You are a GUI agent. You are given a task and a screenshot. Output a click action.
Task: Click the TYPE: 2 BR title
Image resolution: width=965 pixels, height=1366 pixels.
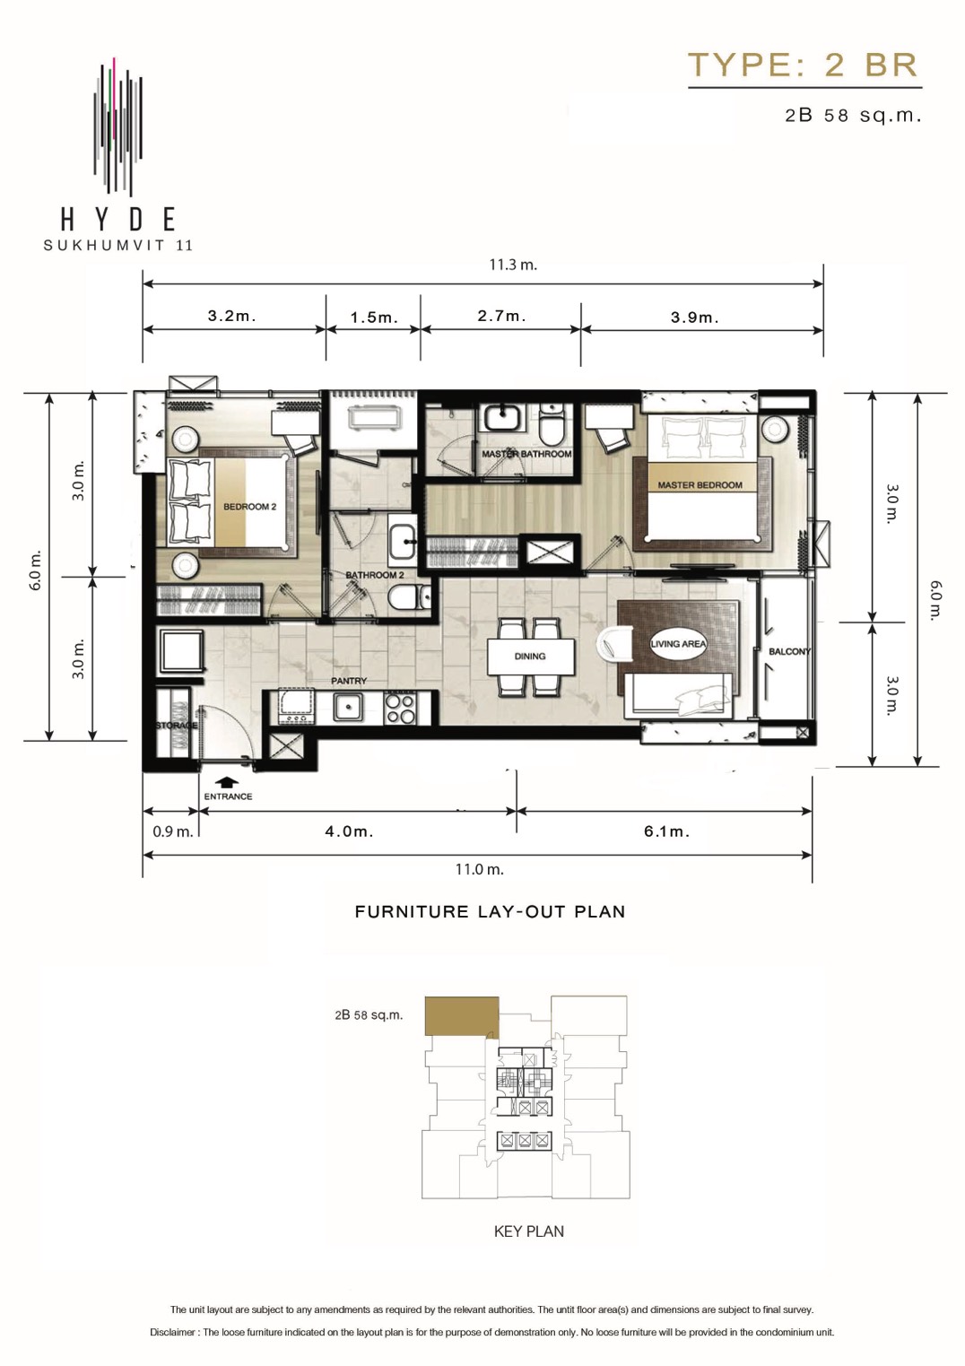[x=804, y=65]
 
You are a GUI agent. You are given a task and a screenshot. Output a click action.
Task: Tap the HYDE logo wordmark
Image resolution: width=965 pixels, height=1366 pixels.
[x=117, y=219]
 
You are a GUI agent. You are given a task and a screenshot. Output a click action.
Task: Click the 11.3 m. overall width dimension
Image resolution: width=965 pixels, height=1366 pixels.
[x=513, y=265]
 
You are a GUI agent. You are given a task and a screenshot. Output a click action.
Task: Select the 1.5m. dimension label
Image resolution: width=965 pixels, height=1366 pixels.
[x=374, y=318]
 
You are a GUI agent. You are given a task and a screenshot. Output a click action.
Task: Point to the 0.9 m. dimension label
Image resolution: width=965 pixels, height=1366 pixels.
[x=172, y=831]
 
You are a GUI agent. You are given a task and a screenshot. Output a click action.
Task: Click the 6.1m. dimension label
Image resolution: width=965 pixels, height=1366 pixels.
[x=666, y=831]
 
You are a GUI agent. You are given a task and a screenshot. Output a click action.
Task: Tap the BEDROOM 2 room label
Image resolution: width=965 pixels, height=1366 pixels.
[x=249, y=507]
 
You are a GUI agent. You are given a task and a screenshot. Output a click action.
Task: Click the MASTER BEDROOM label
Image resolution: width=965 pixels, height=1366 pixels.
[x=700, y=485]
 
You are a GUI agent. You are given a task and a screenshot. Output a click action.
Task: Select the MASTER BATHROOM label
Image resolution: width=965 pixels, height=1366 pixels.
[x=526, y=454]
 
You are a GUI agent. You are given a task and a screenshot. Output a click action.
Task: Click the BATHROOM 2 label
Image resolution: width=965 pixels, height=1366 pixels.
[x=375, y=575]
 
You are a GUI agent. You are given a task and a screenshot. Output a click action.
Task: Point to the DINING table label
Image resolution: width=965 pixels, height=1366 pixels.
[x=530, y=657]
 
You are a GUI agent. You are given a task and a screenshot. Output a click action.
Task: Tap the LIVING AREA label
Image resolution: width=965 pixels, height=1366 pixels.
[x=678, y=644]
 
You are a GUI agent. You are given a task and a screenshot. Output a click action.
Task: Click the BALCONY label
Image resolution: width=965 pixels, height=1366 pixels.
[x=789, y=651]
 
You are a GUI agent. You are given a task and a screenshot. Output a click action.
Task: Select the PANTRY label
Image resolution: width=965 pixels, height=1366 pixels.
[x=349, y=681]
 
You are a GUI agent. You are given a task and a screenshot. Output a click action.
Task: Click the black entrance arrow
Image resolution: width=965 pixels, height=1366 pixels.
[x=228, y=782]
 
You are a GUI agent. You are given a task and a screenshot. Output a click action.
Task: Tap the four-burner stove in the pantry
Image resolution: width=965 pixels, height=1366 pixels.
[x=400, y=709]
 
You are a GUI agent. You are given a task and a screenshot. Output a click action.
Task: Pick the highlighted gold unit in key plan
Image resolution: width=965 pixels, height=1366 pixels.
[x=461, y=1016]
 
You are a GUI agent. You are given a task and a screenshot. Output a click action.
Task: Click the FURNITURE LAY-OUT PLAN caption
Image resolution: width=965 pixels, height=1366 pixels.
[x=490, y=912]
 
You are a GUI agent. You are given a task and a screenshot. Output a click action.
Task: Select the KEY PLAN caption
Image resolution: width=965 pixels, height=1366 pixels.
[x=528, y=1231]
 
